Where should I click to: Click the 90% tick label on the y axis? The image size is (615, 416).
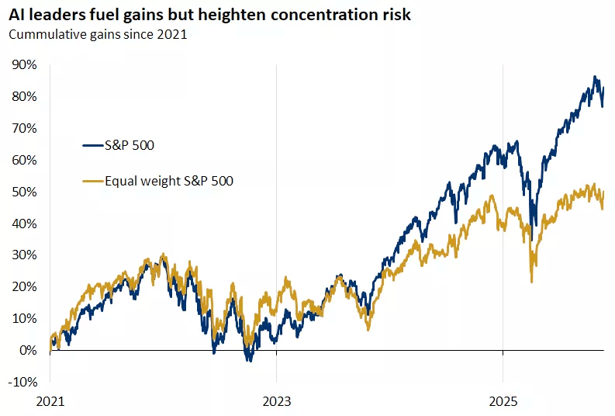click(25, 64)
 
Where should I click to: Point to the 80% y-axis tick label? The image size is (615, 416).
click(25, 96)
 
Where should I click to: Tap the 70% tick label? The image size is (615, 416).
click(25, 128)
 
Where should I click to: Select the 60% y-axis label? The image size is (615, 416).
click(25, 160)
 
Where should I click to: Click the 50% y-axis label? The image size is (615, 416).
click(25, 192)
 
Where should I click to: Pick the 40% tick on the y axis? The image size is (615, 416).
click(25, 224)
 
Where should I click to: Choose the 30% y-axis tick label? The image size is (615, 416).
click(25, 255)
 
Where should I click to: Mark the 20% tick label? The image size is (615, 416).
click(25, 286)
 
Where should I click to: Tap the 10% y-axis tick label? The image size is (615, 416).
click(25, 318)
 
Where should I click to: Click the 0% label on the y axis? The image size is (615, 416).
click(28, 350)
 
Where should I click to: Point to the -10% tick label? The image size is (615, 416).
click(23, 382)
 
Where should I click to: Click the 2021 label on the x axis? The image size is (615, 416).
click(50, 402)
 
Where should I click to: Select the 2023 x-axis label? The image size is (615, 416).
click(277, 402)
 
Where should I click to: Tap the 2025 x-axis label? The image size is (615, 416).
click(503, 402)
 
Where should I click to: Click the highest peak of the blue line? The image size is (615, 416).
click(595, 77)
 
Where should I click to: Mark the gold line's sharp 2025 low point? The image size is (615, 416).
click(531, 281)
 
